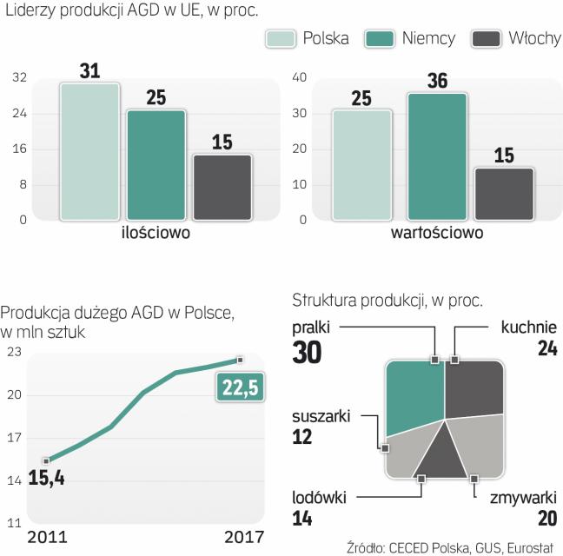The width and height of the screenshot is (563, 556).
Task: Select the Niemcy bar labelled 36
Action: click(x=436, y=156)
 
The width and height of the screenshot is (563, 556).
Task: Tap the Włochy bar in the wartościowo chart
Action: click(x=503, y=193)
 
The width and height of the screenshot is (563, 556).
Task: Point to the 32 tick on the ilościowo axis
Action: click(x=18, y=78)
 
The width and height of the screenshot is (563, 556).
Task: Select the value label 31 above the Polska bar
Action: click(x=89, y=69)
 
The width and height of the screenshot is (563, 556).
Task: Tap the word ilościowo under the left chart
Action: click(x=156, y=234)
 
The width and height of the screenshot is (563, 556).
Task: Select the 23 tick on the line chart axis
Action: click(x=14, y=352)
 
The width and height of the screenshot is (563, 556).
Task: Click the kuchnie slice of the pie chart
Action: click(x=474, y=387)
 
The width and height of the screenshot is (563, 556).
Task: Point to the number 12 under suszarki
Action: click(x=302, y=437)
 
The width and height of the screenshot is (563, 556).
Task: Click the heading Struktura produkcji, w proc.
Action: click(x=387, y=301)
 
